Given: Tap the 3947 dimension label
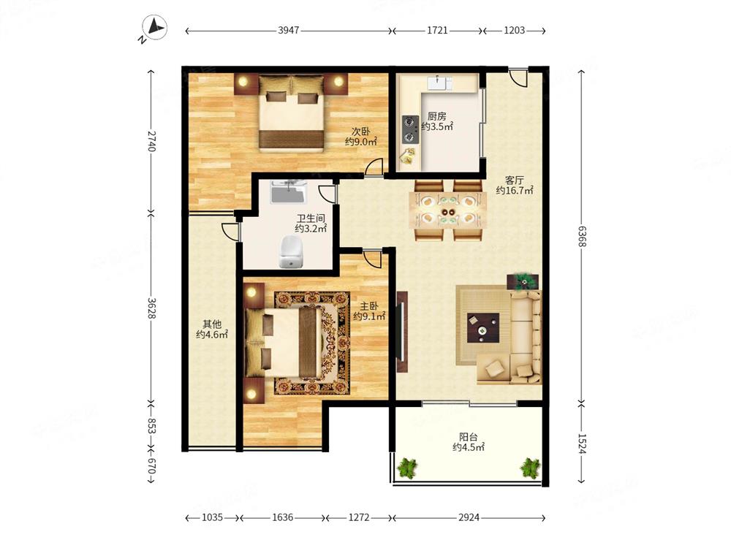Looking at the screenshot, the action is click(x=289, y=30).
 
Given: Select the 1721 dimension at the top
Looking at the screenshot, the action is click(x=437, y=30).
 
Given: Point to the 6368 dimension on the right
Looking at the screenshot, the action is click(x=582, y=236).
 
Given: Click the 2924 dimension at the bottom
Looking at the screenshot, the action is click(x=469, y=517).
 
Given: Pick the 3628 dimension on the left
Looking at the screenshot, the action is click(x=151, y=308).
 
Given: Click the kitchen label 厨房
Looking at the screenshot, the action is click(x=437, y=116).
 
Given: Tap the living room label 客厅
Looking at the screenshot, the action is click(x=515, y=180).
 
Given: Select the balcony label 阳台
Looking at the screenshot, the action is click(x=469, y=437).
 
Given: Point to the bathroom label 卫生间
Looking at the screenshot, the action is click(x=311, y=218).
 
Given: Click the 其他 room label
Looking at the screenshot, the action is click(x=212, y=324).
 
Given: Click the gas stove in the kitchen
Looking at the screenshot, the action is click(x=410, y=129).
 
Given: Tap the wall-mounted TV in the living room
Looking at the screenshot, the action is click(x=401, y=331).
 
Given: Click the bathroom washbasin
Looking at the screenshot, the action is click(x=289, y=191).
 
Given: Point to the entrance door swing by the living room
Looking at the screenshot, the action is click(x=518, y=77).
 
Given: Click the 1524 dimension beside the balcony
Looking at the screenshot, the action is click(x=582, y=444).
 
